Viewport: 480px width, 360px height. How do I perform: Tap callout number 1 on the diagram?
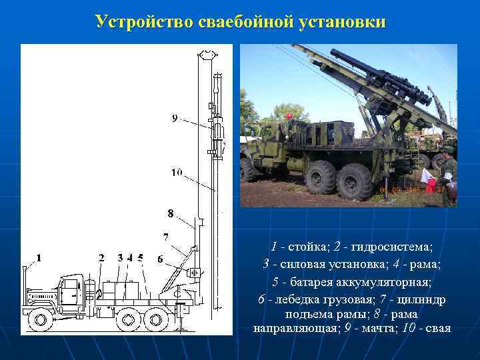pos(39,257)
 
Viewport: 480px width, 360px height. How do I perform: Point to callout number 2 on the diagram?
pos(101,257)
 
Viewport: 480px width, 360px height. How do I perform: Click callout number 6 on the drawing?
pos(160,258)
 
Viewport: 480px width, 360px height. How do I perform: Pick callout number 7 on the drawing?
pos(165,236)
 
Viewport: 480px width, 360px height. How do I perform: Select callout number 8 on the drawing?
pos(171,214)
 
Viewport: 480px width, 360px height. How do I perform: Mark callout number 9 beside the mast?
pos(175,118)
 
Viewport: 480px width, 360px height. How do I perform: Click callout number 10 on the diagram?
pos(177,173)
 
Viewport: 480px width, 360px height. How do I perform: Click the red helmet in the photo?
pos(289,117)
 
